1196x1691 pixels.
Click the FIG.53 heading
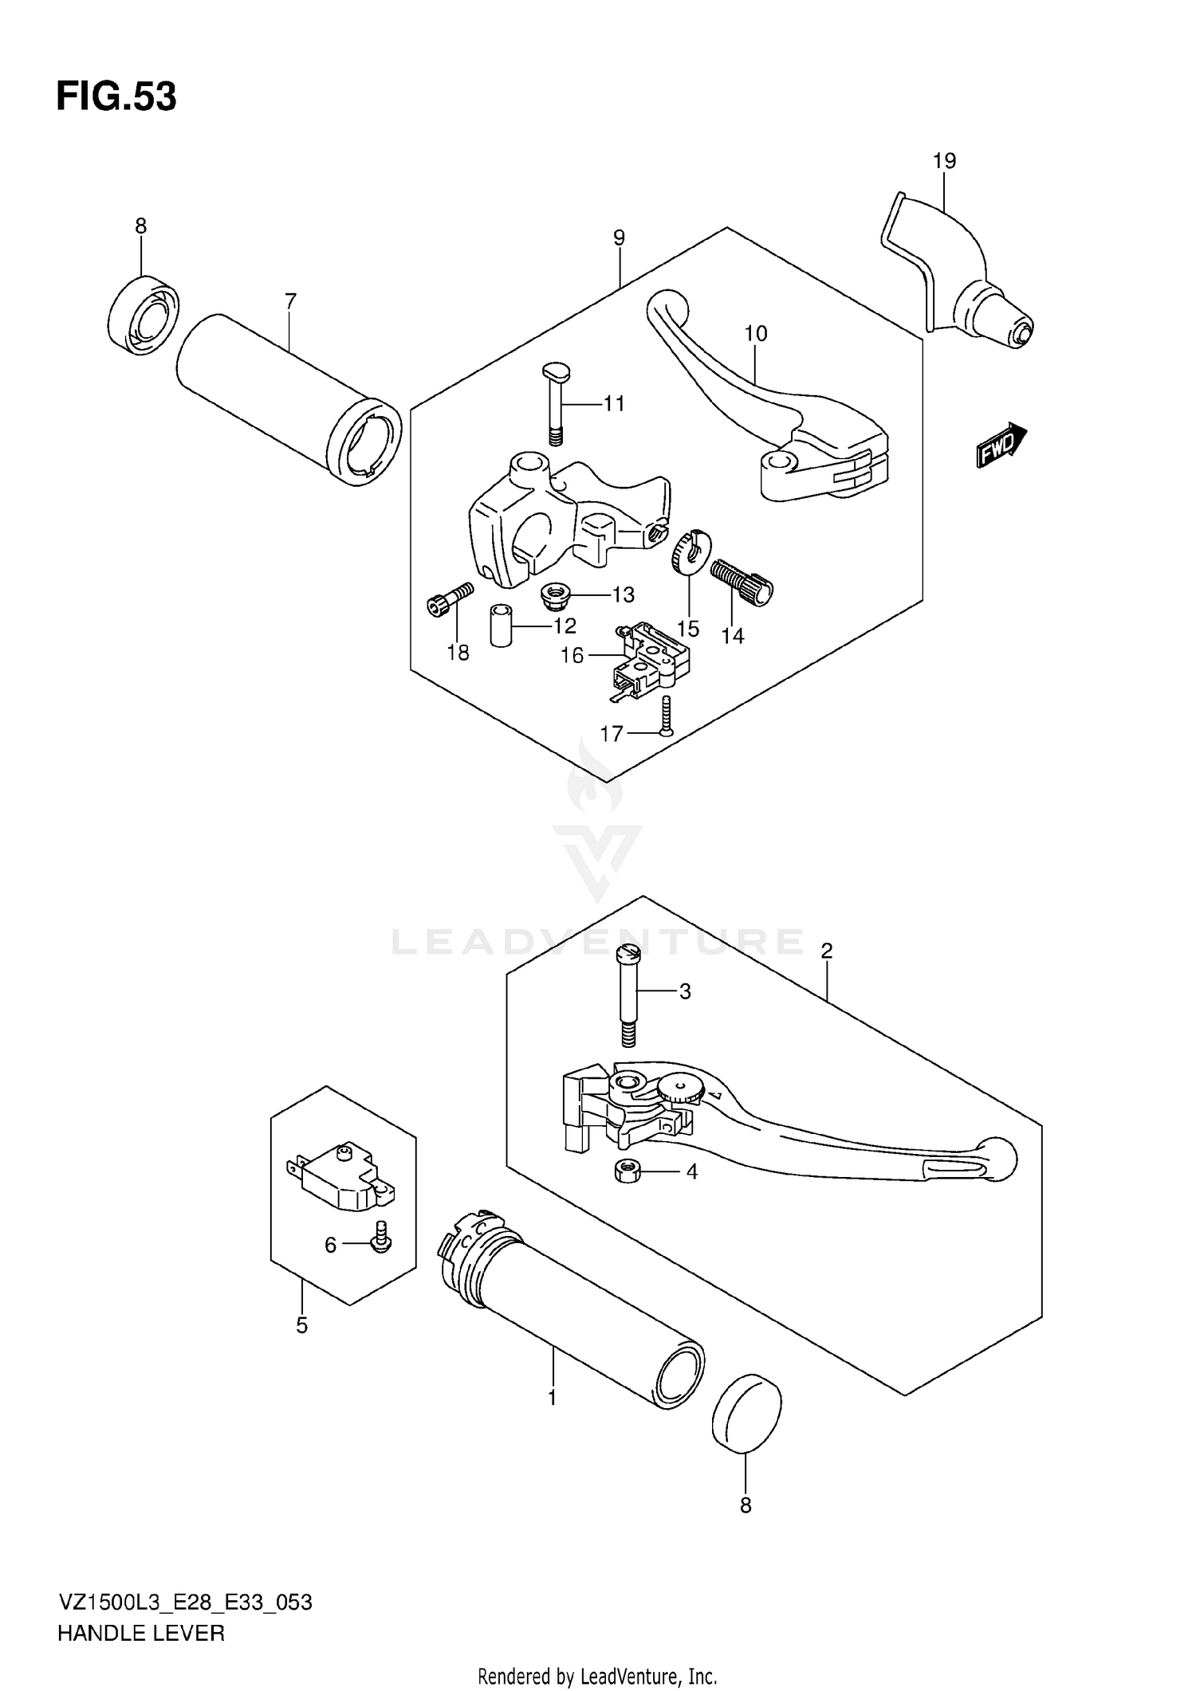[116, 97]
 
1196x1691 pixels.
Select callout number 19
[944, 161]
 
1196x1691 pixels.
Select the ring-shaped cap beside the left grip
[144, 315]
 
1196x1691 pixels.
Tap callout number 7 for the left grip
[290, 301]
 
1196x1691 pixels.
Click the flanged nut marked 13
[553, 594]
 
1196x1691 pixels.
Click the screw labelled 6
[381, 1245]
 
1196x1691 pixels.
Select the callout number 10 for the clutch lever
[755, 334]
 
